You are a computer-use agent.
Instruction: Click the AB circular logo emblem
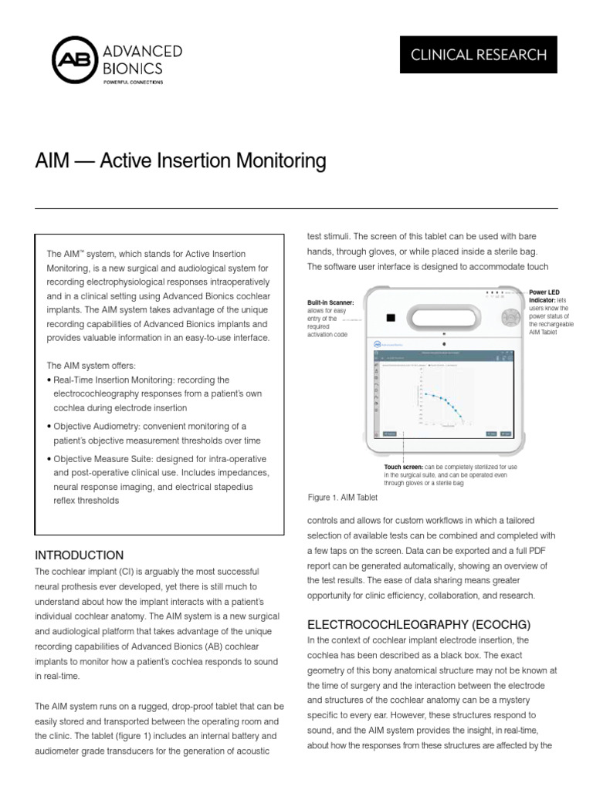(75, 61)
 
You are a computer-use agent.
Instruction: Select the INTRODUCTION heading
(80, 555)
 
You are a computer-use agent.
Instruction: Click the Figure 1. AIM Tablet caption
(342, 498)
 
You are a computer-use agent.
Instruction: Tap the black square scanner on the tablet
(391, 317)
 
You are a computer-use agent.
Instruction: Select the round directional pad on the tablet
(507, 317)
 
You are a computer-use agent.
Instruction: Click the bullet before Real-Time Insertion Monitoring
(49, 380)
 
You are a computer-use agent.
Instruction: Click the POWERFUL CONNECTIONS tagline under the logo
(134, 80)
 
